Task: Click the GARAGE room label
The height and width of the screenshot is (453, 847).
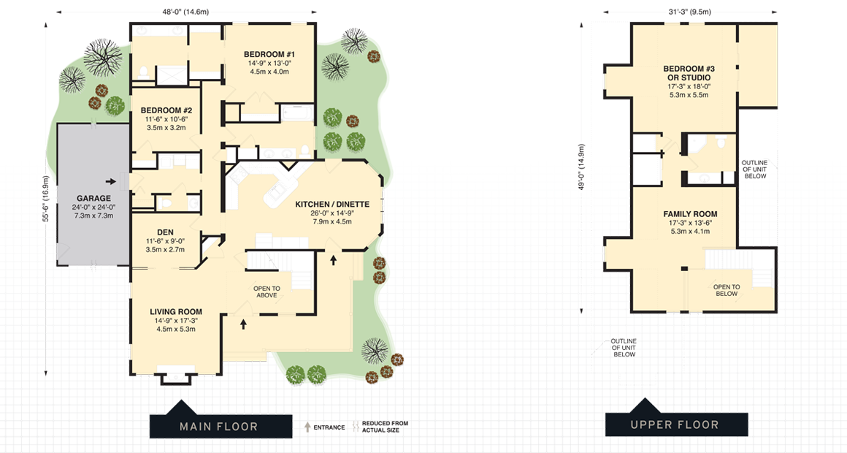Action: click(94, 198)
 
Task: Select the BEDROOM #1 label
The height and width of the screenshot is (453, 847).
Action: click(269, 55)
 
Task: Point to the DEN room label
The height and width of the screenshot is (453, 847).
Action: click(165, 232)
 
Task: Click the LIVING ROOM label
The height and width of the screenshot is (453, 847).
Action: click(176, 311)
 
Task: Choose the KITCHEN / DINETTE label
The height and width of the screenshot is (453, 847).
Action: click(332, 204)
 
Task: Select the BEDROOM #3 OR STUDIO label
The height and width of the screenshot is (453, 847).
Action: click(689, 73)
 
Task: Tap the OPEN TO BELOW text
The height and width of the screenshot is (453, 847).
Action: click(727, 290)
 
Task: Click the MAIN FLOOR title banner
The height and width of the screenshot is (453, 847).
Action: click(218, 426)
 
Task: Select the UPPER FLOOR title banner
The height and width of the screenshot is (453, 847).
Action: click(676, 425)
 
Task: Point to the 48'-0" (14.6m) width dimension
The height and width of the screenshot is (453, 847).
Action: click(186, 12)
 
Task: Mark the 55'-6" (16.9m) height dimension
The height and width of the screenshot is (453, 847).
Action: click(45, 199)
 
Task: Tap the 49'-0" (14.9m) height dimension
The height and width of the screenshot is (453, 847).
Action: click(581, 167)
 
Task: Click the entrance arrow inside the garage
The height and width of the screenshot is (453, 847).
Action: click(110, 181)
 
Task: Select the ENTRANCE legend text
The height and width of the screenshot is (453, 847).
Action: click(329, 427)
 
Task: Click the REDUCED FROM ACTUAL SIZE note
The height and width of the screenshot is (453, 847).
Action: click(385, 427)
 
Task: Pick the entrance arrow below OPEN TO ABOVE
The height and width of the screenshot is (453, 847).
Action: click(244, 324)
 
